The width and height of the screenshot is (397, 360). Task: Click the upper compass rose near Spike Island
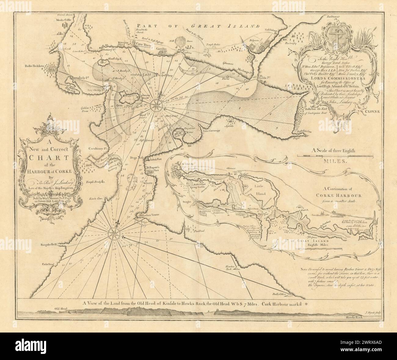coord(156,105)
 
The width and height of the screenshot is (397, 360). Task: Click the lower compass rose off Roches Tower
coord(112,234)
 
